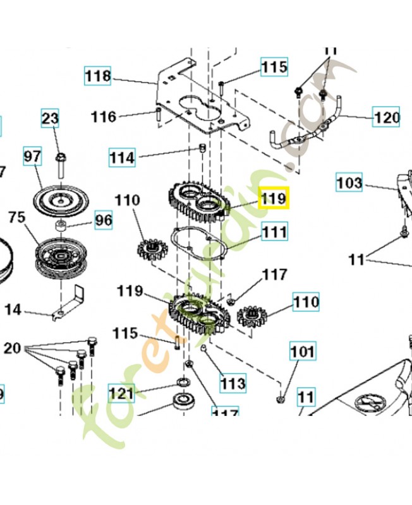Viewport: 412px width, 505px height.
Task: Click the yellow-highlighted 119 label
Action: coord(274,198)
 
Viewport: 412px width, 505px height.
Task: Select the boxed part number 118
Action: coord(98,76)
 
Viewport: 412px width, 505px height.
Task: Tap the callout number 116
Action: coord(104,116)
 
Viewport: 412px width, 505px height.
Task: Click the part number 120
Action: coord(387,117)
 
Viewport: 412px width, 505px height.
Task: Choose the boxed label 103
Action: coord(348,183)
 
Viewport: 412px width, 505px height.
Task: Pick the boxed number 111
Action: coord(274,232)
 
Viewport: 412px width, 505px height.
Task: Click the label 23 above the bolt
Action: coord(51,118)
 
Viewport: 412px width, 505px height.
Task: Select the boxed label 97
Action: coord(32,155)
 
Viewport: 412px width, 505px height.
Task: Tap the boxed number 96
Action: coord(103,220)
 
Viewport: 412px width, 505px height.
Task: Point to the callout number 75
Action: coord(16,217)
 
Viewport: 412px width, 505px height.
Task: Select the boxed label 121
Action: coord(121,394)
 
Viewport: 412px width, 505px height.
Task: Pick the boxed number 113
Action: coord(233,383)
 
